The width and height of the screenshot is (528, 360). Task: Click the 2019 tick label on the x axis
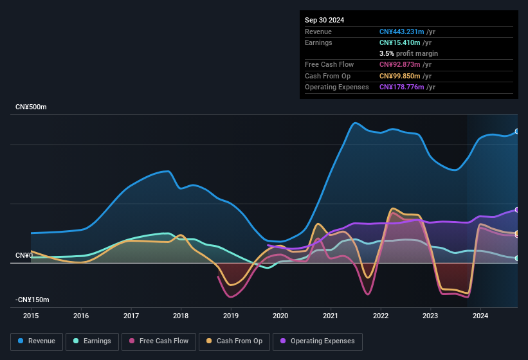click(231, 316)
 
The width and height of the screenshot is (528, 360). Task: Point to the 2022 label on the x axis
click(380, 316)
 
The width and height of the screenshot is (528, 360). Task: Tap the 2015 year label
click(31, 316)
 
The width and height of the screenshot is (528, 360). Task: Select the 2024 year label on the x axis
click(480, 316)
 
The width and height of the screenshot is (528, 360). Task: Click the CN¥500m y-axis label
click(32, 107)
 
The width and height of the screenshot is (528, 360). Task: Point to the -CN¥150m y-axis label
click(33, 300)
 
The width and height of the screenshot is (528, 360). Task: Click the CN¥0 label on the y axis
click(24, 256)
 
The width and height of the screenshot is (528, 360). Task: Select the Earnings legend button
click(91, 341)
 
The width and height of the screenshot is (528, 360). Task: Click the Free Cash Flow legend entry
click(159, 341)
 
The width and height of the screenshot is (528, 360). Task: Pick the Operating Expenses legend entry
click(317, 341)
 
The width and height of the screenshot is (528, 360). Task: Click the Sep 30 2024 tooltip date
click(325, 20)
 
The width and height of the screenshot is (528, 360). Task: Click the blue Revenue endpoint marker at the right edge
click(517, 131)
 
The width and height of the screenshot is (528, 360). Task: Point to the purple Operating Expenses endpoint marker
click(517, 210)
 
